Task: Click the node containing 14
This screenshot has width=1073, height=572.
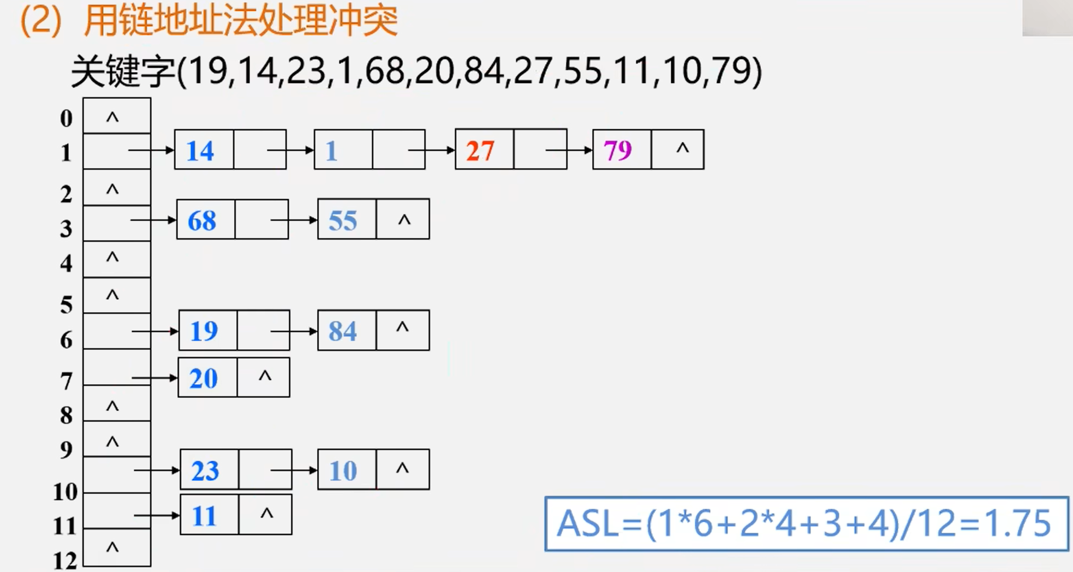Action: point(230,150)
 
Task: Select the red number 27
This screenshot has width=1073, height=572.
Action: point(480,151)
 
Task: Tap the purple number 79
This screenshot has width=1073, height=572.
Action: point(618,150)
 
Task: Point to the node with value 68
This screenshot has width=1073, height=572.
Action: point(233,219)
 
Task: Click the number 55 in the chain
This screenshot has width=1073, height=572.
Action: point(343,221)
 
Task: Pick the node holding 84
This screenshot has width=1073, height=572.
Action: point(373,330)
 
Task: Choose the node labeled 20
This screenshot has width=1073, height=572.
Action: point(234,377)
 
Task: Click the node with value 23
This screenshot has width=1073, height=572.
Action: point(236,469)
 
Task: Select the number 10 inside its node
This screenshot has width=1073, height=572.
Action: point(343,470)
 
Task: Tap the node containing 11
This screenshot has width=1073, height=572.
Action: point(236,515)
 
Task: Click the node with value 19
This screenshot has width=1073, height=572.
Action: point(234,330)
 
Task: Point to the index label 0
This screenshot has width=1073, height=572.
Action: point(66,118)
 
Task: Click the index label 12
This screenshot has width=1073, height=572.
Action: point(65,561)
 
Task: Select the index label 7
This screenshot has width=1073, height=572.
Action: point(66,382)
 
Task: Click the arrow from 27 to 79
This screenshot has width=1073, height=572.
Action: point(569,150)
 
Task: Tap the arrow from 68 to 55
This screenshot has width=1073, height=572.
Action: point(294,220)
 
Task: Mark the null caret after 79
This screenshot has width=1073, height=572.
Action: point(682,148)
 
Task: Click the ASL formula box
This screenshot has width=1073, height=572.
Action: point(807,524)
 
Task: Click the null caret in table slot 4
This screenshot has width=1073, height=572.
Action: point(112,257)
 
